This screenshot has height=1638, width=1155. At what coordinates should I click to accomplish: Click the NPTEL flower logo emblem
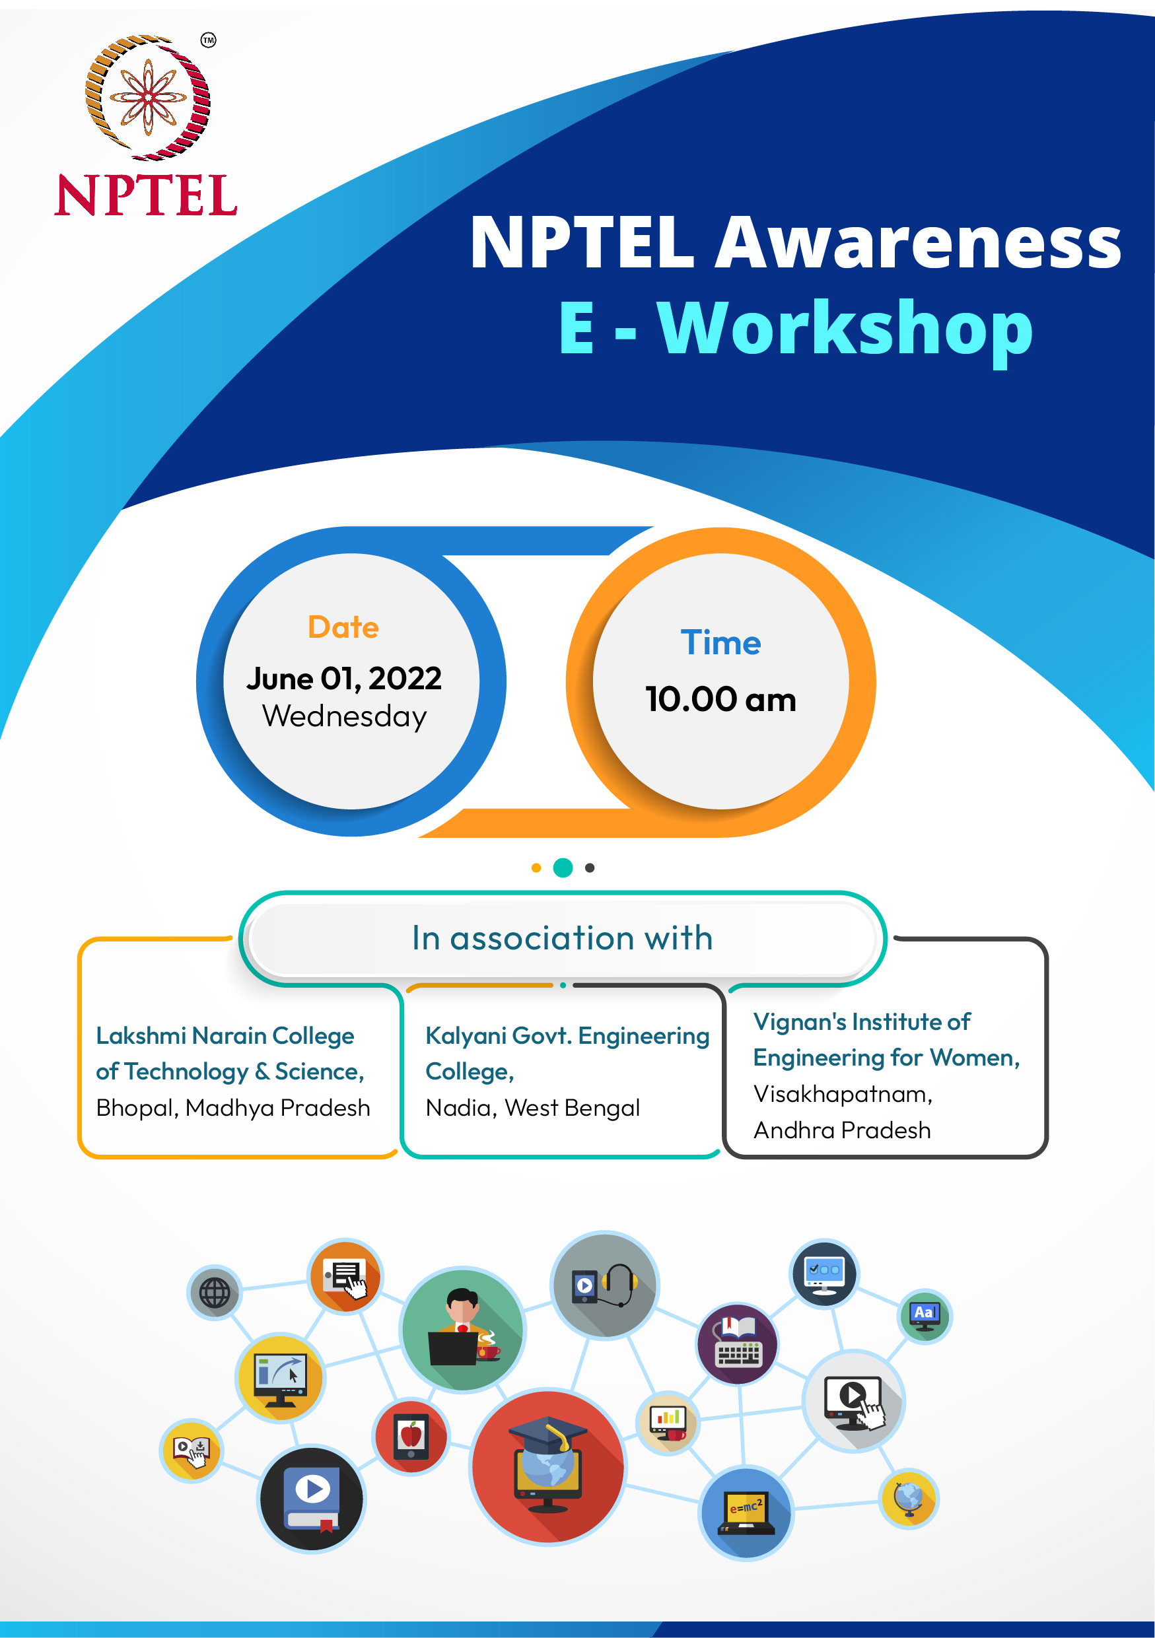(148, 97)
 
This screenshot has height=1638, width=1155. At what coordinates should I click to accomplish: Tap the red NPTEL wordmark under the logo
(146, 195)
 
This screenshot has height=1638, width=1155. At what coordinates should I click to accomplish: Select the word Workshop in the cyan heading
(845, 328)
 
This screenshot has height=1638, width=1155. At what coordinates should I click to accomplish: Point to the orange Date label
(343, 627)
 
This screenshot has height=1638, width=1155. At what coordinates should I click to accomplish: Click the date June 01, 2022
(344, 678)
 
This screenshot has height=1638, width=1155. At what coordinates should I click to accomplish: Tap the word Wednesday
(345, 716)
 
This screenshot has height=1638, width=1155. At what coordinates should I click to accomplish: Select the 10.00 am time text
(720, 699)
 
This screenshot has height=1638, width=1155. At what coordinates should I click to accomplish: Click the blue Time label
(720, 643)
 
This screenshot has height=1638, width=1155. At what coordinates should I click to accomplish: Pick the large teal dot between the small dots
(563, 868)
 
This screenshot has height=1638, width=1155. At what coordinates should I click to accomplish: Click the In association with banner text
(562, 938)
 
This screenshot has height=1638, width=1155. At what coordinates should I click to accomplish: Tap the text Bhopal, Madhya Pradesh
(233, 1108)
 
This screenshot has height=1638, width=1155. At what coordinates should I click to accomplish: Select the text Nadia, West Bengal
(532, 1108)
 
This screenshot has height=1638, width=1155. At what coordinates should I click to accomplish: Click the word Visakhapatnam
(842, 1094)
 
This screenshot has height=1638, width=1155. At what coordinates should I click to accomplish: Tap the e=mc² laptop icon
(746, 1512)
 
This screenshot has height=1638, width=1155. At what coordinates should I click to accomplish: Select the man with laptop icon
(463, 1329)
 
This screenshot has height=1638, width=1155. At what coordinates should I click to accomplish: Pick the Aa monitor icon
(925, 1316)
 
